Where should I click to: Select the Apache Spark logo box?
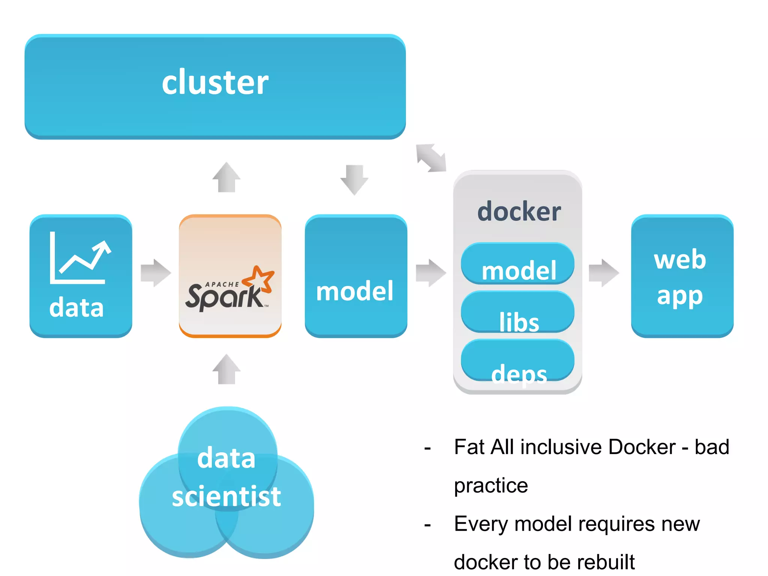point(230,276)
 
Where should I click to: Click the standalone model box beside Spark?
point(355,276)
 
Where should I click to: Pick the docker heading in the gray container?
point(519,211)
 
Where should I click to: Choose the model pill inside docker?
point(517,264)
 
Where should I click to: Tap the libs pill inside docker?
point(517,312)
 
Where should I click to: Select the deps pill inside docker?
point(517,360)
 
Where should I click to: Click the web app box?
point(682,276)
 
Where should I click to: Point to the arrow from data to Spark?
point(156,273)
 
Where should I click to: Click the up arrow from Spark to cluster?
point(226,177)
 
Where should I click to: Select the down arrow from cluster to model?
point(354,179)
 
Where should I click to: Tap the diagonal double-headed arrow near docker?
point(431,158)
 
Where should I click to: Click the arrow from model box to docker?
point(430,273)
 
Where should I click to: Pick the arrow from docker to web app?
point(603,273)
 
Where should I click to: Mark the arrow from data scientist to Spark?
point(226,369)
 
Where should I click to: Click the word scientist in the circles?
point(226,496)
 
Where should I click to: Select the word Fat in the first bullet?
point(469,447)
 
